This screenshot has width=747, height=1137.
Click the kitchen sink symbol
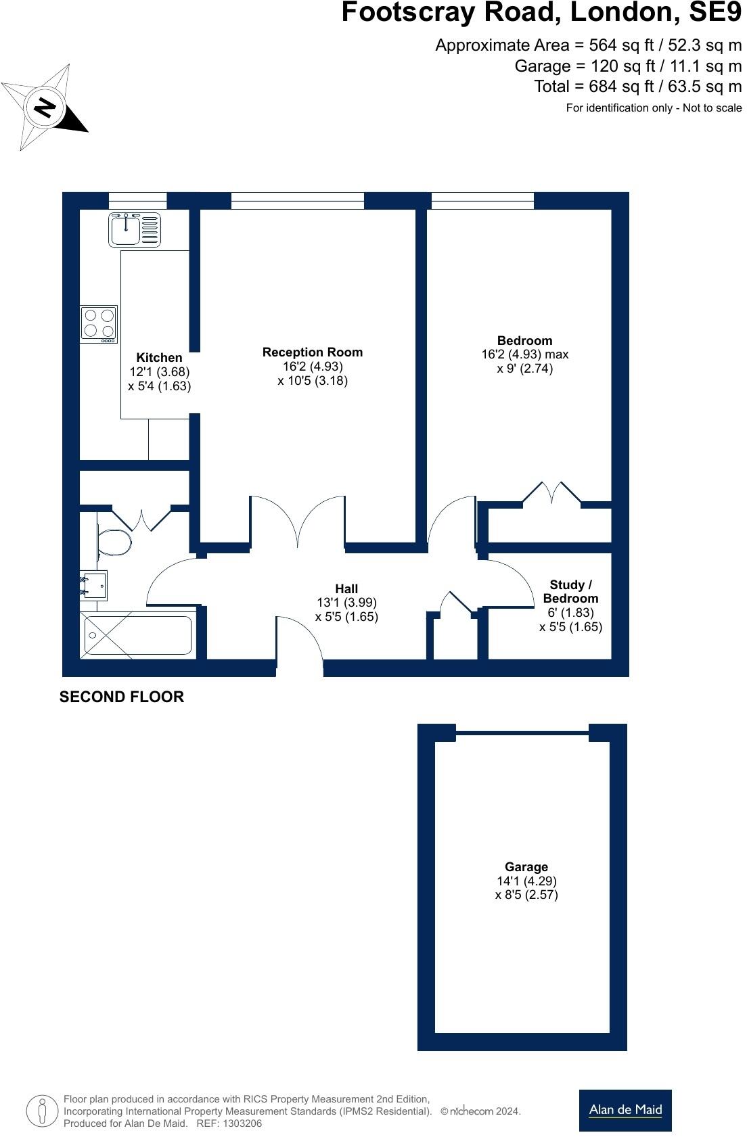[x=134, y=229]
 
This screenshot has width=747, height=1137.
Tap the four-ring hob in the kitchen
[x=99, y=324]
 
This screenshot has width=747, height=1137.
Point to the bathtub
[x=138, y=636]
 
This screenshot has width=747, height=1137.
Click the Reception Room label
[x=312, y=352]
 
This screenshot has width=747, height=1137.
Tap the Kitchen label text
[x=159, y=357]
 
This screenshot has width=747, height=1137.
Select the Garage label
[x=526, y=866]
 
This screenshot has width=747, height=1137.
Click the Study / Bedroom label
[x=570, y=591]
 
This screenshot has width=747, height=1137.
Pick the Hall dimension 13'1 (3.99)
[x=346, y=602]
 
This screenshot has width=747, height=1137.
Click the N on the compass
[x=45, y=108]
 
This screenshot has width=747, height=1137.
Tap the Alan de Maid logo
[x=625, y=1110]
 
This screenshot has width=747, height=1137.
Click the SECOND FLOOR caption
[x=122, y=697]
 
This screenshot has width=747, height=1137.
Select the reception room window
[x=298, y=200]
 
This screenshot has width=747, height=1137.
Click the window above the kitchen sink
[x=137, y=200]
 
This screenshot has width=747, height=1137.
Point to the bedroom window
[x=482, y=200]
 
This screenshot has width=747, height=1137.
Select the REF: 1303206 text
[x=229, y=1123]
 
